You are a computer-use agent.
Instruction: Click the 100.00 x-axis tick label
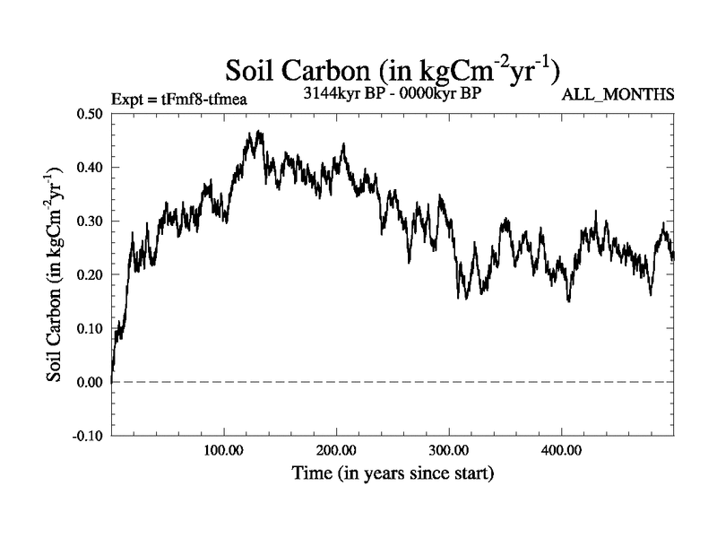point(224,448)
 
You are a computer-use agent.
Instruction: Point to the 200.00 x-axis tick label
point(336,448)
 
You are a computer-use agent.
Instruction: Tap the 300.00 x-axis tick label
point(449,448)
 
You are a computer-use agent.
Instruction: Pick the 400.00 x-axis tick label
point(561,448)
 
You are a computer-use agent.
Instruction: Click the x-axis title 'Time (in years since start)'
point(393,472)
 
